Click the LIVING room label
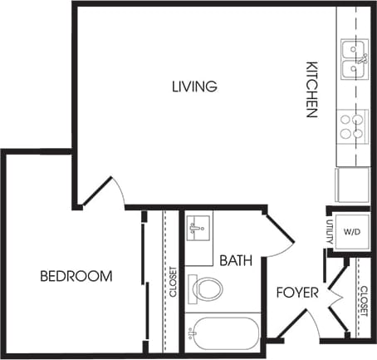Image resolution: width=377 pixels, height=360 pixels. click(194, 86)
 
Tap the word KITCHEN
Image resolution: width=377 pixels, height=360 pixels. click(312, 89)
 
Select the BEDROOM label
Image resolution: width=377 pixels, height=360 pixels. click(76, 276)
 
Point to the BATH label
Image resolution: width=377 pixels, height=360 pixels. click(236, 260)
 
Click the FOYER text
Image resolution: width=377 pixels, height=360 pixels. click(295, 293)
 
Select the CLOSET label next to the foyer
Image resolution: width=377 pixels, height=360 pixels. click(364, 299)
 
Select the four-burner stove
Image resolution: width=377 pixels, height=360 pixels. click(353, 126)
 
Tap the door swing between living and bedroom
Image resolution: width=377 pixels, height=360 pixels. click(106, 190)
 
